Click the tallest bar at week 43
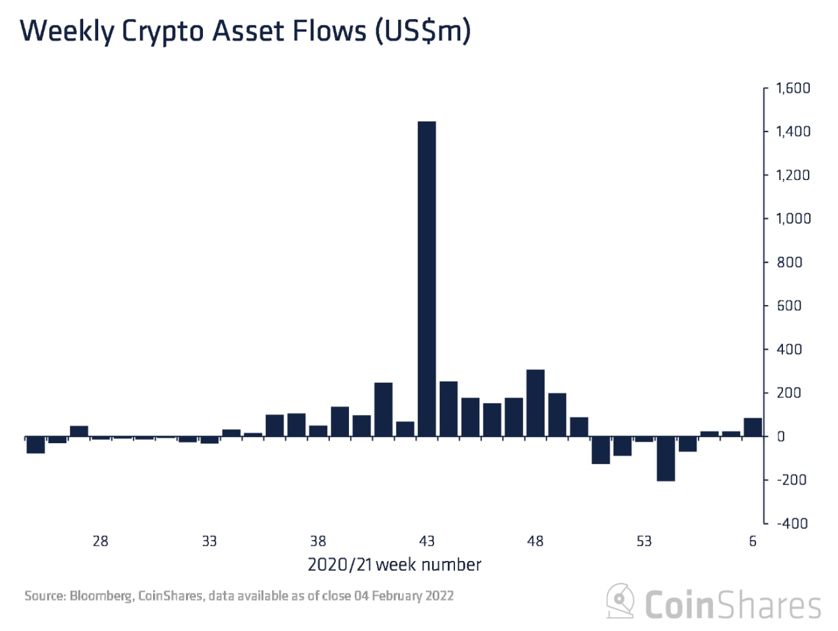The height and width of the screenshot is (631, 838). pos(427,278)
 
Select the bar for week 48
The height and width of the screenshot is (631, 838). pos(536,403)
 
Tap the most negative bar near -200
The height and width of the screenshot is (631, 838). pos(666,458)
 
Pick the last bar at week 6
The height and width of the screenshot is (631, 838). pos(753,427)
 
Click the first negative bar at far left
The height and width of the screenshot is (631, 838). pos(35,444)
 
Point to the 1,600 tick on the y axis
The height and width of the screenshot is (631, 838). pos(793,88)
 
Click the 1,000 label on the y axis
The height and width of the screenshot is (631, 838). pos(793,219)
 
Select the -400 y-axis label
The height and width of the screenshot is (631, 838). pos(792,524)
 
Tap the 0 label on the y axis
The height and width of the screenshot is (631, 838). pos(780,437)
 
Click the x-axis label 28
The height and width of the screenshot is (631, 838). pos(100,541)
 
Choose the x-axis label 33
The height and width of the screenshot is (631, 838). pos(209,541)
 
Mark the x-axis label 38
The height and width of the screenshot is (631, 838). pos(318,541)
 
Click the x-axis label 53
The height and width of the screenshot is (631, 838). pos(644,541)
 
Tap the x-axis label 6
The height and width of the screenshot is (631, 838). pos(753,541)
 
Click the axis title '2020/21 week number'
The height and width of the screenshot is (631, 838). pos(394,565)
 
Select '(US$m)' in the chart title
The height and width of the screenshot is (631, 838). pos(423,31)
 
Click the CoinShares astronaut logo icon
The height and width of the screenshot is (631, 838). pos(620,601)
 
